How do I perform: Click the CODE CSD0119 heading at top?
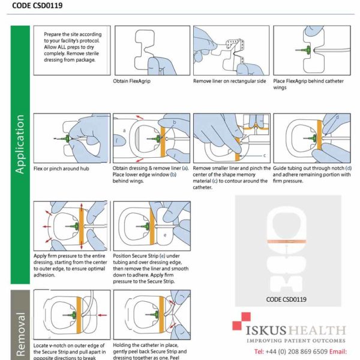(40, 8)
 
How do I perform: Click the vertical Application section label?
(20, 144)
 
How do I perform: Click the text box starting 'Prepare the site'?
(73, 47)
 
